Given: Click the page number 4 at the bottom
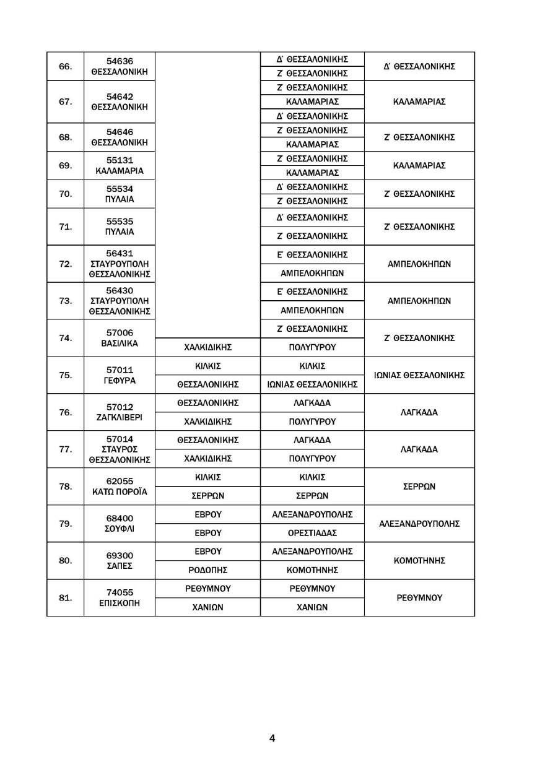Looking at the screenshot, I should (272, 738).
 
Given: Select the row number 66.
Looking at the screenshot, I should (65, 66).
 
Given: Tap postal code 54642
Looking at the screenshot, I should (120, 97).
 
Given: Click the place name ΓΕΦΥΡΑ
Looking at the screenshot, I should (120, 381).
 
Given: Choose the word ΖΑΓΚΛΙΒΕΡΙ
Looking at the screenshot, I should (120, 418).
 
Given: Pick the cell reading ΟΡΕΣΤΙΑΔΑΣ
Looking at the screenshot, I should (312, 533).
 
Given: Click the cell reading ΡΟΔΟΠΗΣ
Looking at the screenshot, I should (207, 570).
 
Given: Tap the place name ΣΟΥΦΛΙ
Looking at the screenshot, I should (120, 529).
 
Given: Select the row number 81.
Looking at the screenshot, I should (65, 598).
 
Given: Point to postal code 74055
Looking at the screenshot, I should (120, 592).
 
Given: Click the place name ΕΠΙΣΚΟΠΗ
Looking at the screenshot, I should (120, 603).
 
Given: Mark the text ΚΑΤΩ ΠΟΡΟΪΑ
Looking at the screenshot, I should (120, 492).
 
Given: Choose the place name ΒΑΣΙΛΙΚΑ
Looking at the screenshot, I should (120, 344).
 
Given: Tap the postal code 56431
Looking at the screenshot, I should (120, 253).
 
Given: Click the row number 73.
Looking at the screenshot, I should (65, 301).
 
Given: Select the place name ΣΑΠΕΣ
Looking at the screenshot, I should (120, 566).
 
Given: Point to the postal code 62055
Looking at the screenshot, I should (120, 481).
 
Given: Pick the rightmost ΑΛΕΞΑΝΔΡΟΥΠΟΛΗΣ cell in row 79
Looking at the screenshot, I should (419, 524).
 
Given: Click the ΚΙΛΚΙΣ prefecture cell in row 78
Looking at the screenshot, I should (207, 477).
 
